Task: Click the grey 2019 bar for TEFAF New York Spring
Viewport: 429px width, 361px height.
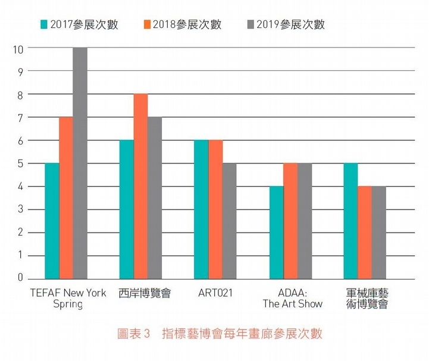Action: coord(80,164)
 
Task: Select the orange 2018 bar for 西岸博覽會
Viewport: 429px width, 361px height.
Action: coord(140,187)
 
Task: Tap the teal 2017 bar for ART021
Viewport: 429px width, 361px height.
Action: coord(202,210)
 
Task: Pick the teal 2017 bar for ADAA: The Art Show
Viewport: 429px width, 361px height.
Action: coord(277,233)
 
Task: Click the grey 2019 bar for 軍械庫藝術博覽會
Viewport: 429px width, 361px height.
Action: coord(379,233)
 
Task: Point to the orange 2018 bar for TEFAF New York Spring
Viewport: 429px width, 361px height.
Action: coord(66,198)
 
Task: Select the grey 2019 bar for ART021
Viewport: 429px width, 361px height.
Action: coord(230,221)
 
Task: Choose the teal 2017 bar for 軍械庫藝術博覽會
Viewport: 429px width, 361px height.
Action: coord(350,221)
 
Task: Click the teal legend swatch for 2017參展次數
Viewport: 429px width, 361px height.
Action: coord(43,25)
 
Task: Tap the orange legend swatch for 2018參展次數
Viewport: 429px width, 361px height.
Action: coord(146,25)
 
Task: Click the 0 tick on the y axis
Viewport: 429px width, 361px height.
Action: coord(20,278)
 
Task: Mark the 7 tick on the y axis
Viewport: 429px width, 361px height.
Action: coord(20,118)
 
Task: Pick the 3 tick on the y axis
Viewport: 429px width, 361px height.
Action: coord(20,209)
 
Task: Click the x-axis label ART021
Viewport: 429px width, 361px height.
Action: coord(215,293)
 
